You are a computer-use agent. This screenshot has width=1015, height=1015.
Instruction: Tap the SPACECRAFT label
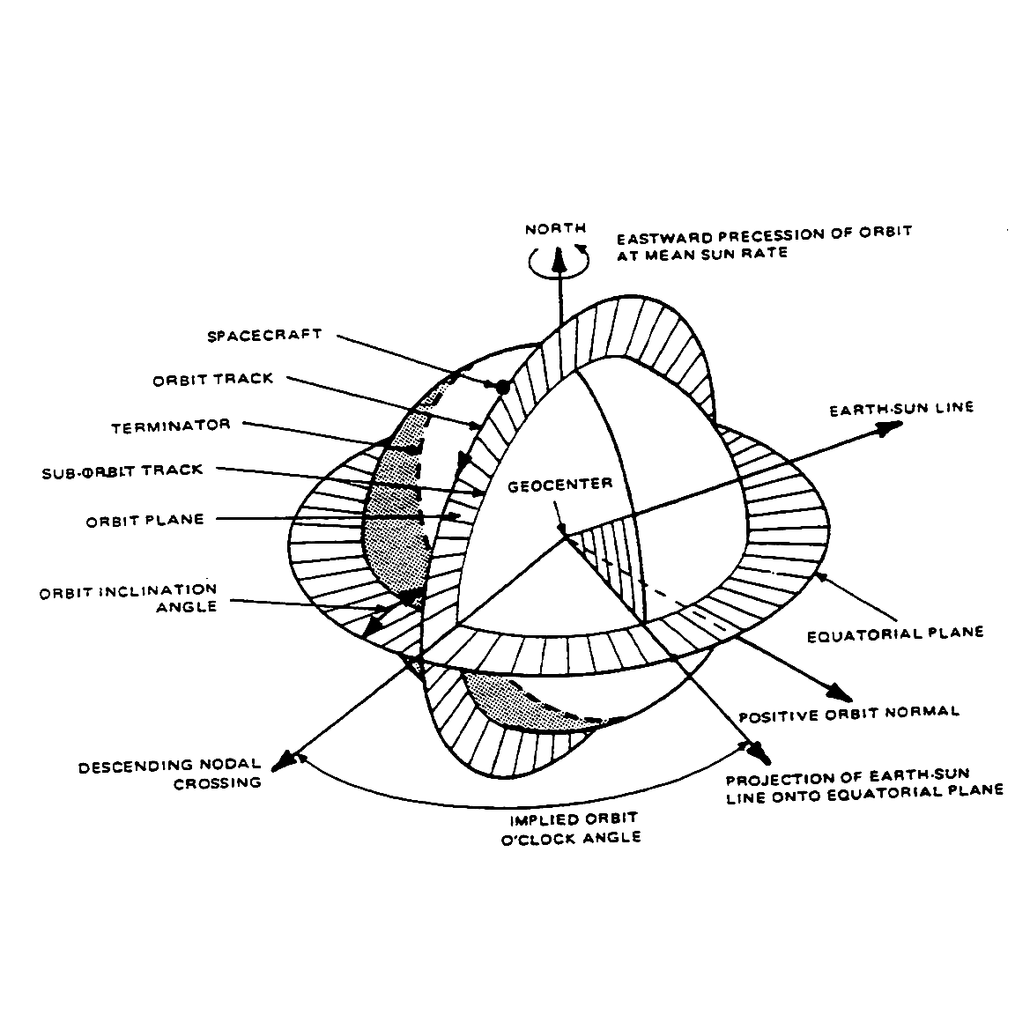(x=264, y=336)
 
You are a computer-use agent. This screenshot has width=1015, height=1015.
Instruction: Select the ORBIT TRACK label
(x=213, y=380)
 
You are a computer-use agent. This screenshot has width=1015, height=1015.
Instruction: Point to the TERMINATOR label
(x=171, y=426)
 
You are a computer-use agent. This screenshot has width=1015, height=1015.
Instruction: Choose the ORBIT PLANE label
(x=144, y=520)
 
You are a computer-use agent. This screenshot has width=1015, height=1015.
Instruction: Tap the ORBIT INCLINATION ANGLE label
(x=128, y=597)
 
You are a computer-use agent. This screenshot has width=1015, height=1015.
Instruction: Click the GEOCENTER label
(x=560, y=484)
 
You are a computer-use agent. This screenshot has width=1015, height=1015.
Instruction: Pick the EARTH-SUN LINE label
(x=901, y=409)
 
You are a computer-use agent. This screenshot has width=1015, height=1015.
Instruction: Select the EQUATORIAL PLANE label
(x=895, y=633)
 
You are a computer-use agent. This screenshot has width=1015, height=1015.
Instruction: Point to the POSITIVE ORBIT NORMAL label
(x=848, y=712)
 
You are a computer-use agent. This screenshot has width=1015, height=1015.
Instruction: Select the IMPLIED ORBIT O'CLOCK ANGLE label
(x=574, y=828)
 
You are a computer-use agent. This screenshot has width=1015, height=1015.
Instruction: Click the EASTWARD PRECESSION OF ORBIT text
(x=764, y=234)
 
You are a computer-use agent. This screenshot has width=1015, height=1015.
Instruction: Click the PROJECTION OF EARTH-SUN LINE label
(x=863, y=783)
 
